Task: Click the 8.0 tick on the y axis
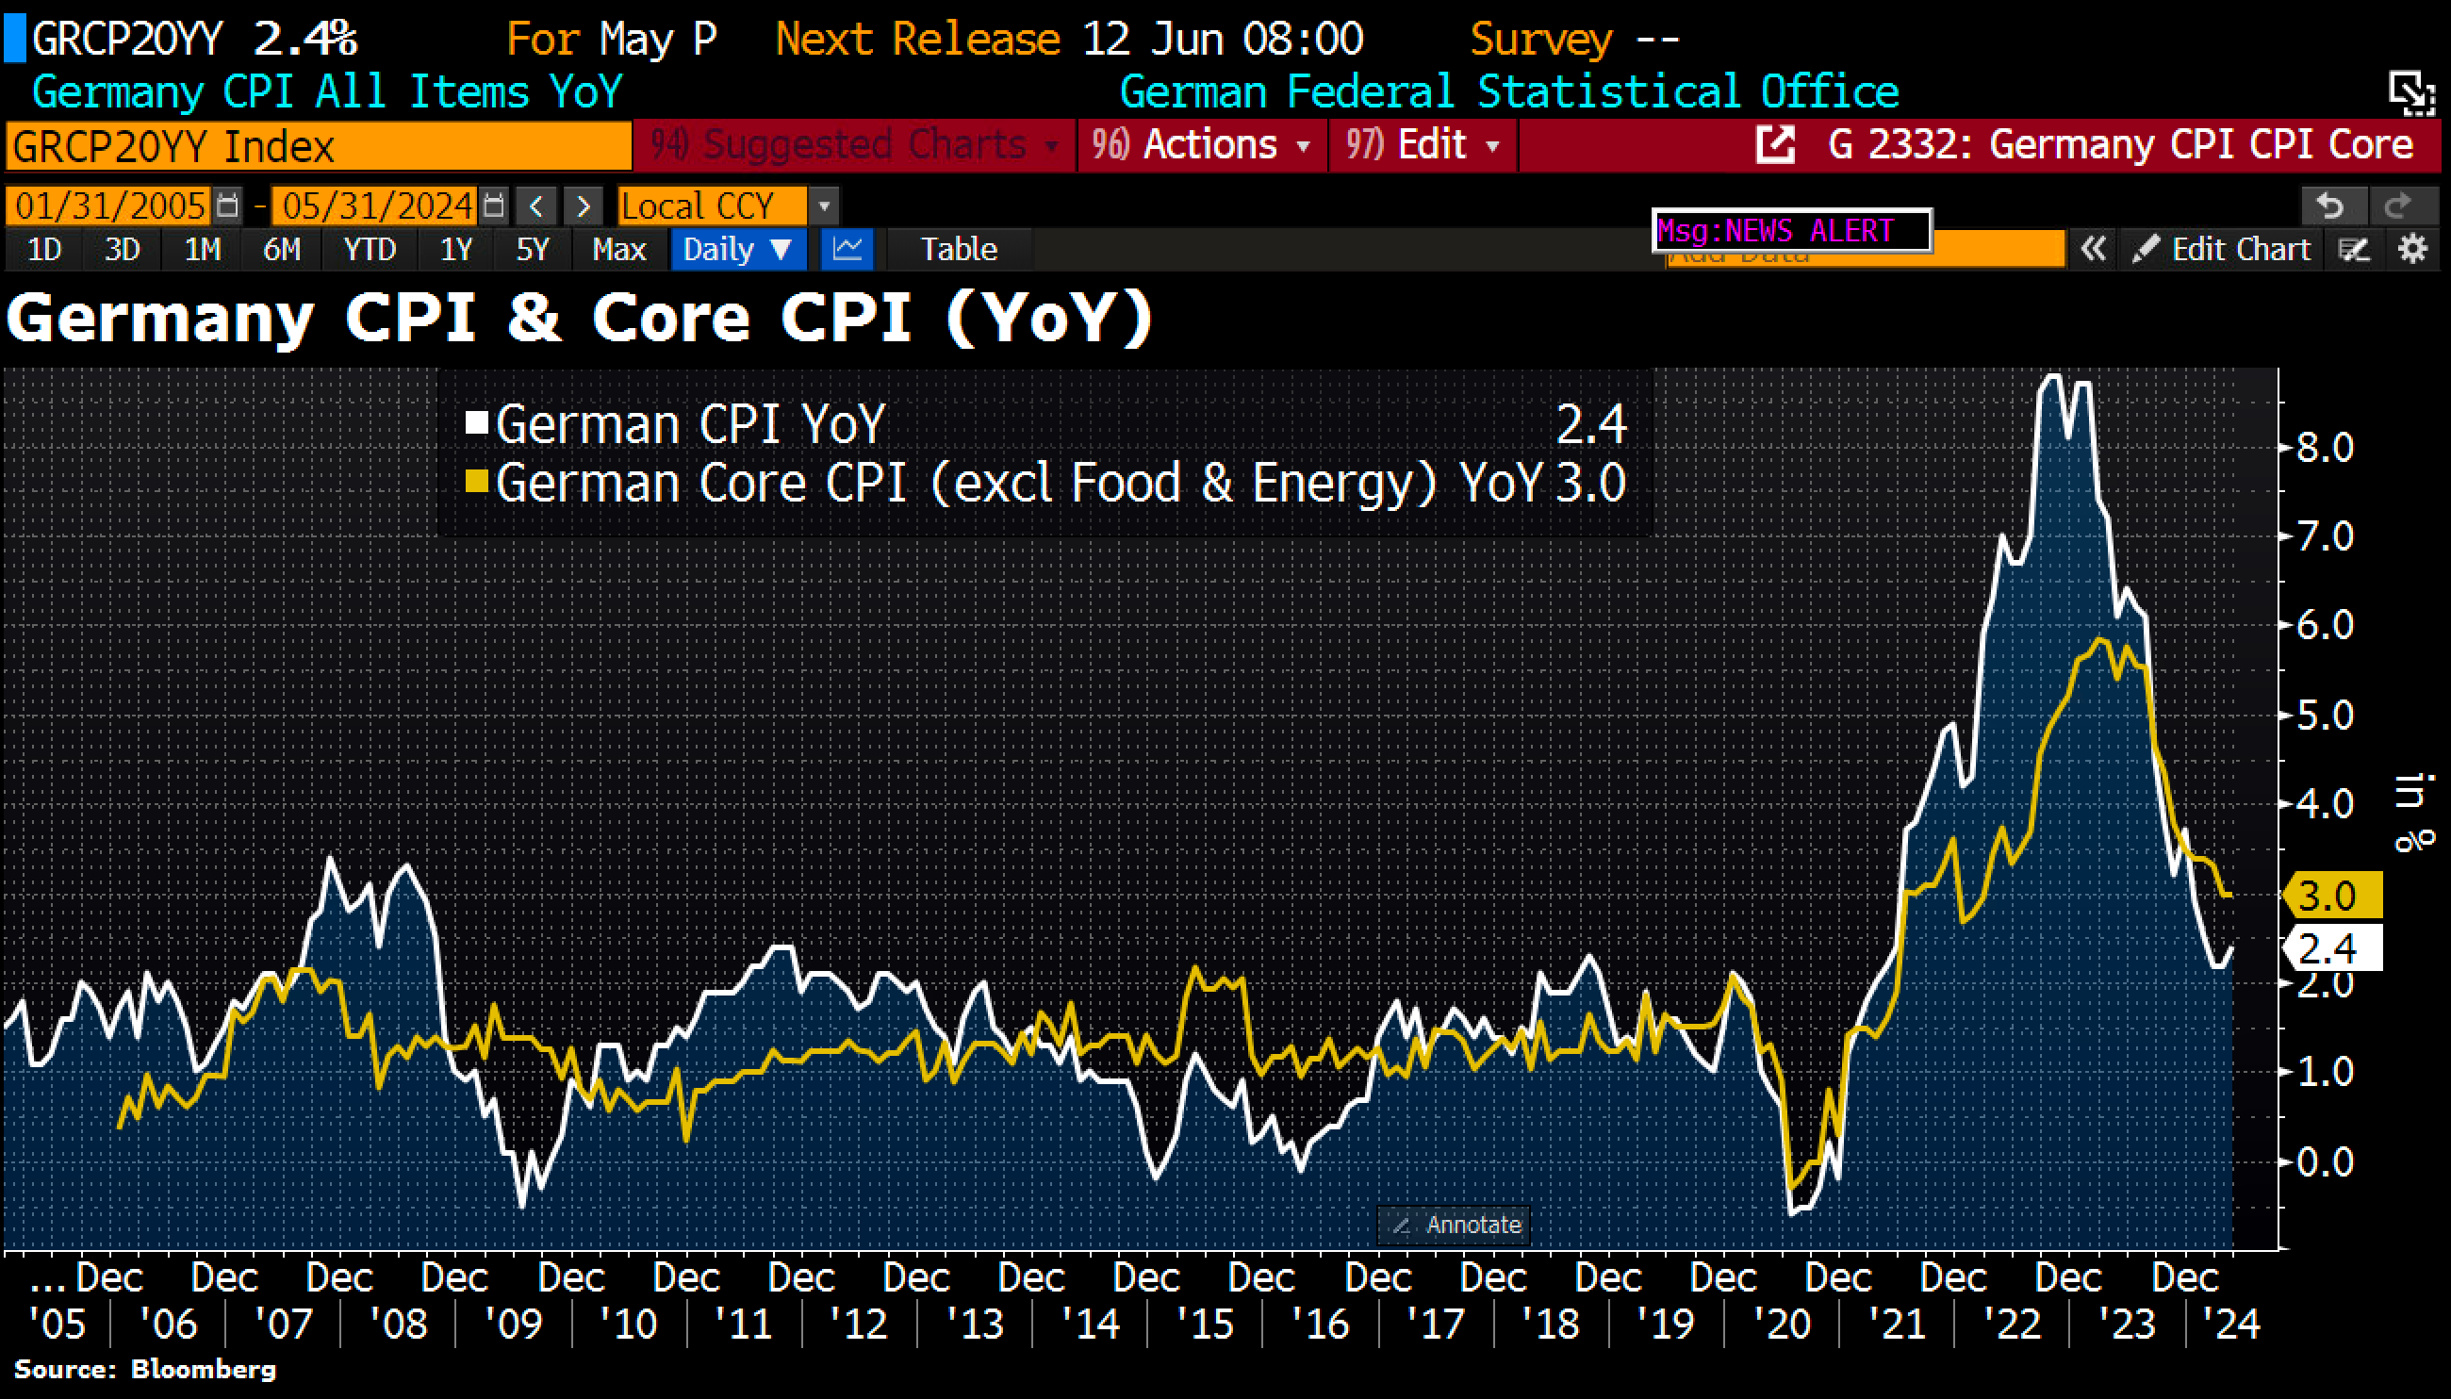pyautogui.click(x=2324, y=448)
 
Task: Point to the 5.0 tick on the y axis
pyautogui.click(x=2324, y=716)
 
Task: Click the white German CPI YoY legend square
pyautogui.click(x=477, y=422)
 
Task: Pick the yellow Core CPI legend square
pyautogui.click(x=477, y=481)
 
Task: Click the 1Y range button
pyautogui.click(x=455, y=250)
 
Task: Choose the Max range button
pyautogui.click(x=617, y=250)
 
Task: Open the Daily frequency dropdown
pyautogui.click(x=736, y=250)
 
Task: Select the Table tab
pyautogui.click(x=958, y=250)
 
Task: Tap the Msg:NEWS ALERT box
pyautogui.click(x=1791, y=231)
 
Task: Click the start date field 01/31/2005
pyautogui.click(x=109, y=206)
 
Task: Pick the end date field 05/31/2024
pyautogui.click(x=377, y=206)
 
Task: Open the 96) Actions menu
pyautogui.click(x=1201, y=145)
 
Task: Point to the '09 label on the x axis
pyautogui.click(x=514, y=1324)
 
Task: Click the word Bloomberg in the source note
pyautogui.click(x=203, y=1369)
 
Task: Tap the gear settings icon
pyautogui.click(x=2412, y=250)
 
